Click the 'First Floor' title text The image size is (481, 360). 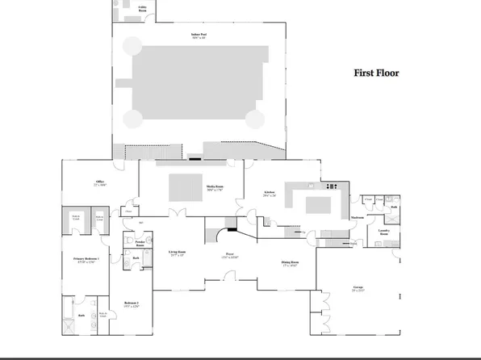coord(376,73)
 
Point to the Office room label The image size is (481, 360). coord(100,182)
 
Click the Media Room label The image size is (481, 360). coord(215,186)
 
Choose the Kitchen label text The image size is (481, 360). coord(270,193)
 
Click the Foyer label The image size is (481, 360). coord(229,256)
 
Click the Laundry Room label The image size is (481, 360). coord(384,232)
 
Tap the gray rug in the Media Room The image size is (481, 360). coord(182,186)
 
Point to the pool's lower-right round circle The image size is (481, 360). coord(254,119)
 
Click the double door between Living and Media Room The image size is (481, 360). coord(173,214)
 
